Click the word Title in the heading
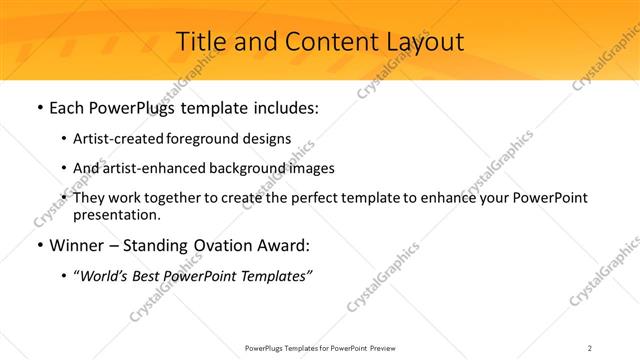click(199, 42)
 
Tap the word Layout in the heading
click(423, 42)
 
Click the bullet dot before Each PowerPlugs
click(39, 108)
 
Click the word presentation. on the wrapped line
click(116, 214)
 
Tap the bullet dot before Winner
click(39, 246)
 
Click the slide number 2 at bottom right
click(590, 348)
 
